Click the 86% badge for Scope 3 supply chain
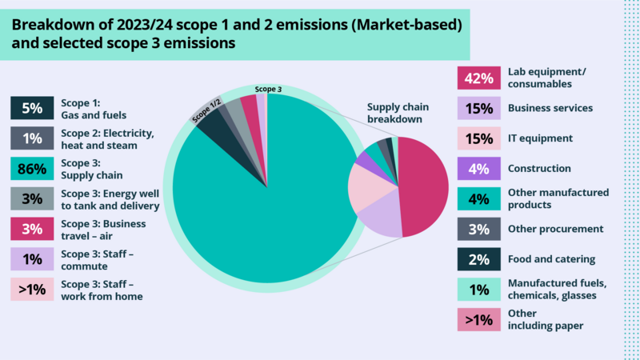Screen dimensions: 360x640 (32, 168)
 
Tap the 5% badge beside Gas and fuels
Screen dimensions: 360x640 (32, 108)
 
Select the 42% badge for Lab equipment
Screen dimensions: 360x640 (478, 78)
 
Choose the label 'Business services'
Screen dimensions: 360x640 (550, 108)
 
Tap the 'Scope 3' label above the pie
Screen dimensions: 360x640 (268, 89)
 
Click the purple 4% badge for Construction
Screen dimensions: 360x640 (478, 169)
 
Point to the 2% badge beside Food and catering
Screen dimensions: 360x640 (478, 259)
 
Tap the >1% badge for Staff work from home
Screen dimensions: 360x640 (32, 290)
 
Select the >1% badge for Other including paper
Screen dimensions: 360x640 (478, 319)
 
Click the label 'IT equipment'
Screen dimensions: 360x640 (540, 138)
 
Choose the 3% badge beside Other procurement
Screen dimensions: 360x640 (478, 229)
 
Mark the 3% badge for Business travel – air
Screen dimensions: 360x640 (32, 229)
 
